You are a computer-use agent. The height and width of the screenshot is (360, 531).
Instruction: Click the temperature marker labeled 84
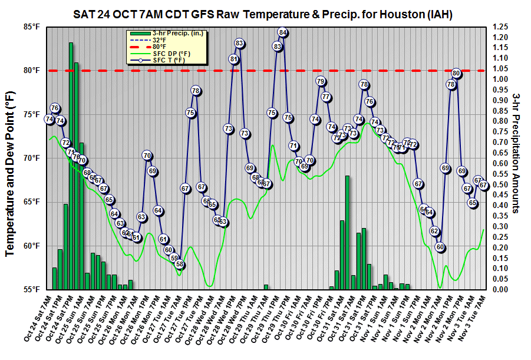283,32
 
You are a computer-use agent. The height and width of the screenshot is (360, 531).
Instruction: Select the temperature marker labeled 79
321,81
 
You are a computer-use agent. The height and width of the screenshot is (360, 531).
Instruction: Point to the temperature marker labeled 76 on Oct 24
55,108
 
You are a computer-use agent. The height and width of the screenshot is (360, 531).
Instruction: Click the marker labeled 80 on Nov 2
456,74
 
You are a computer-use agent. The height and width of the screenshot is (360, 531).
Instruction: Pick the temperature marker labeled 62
434,231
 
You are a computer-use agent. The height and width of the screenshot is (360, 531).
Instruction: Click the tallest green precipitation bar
71,165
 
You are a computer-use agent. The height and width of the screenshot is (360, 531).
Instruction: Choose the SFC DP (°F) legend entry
171,54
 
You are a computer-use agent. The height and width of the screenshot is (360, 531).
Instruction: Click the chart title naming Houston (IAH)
266,14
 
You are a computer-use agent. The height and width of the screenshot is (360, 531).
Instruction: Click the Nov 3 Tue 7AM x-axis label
476,318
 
